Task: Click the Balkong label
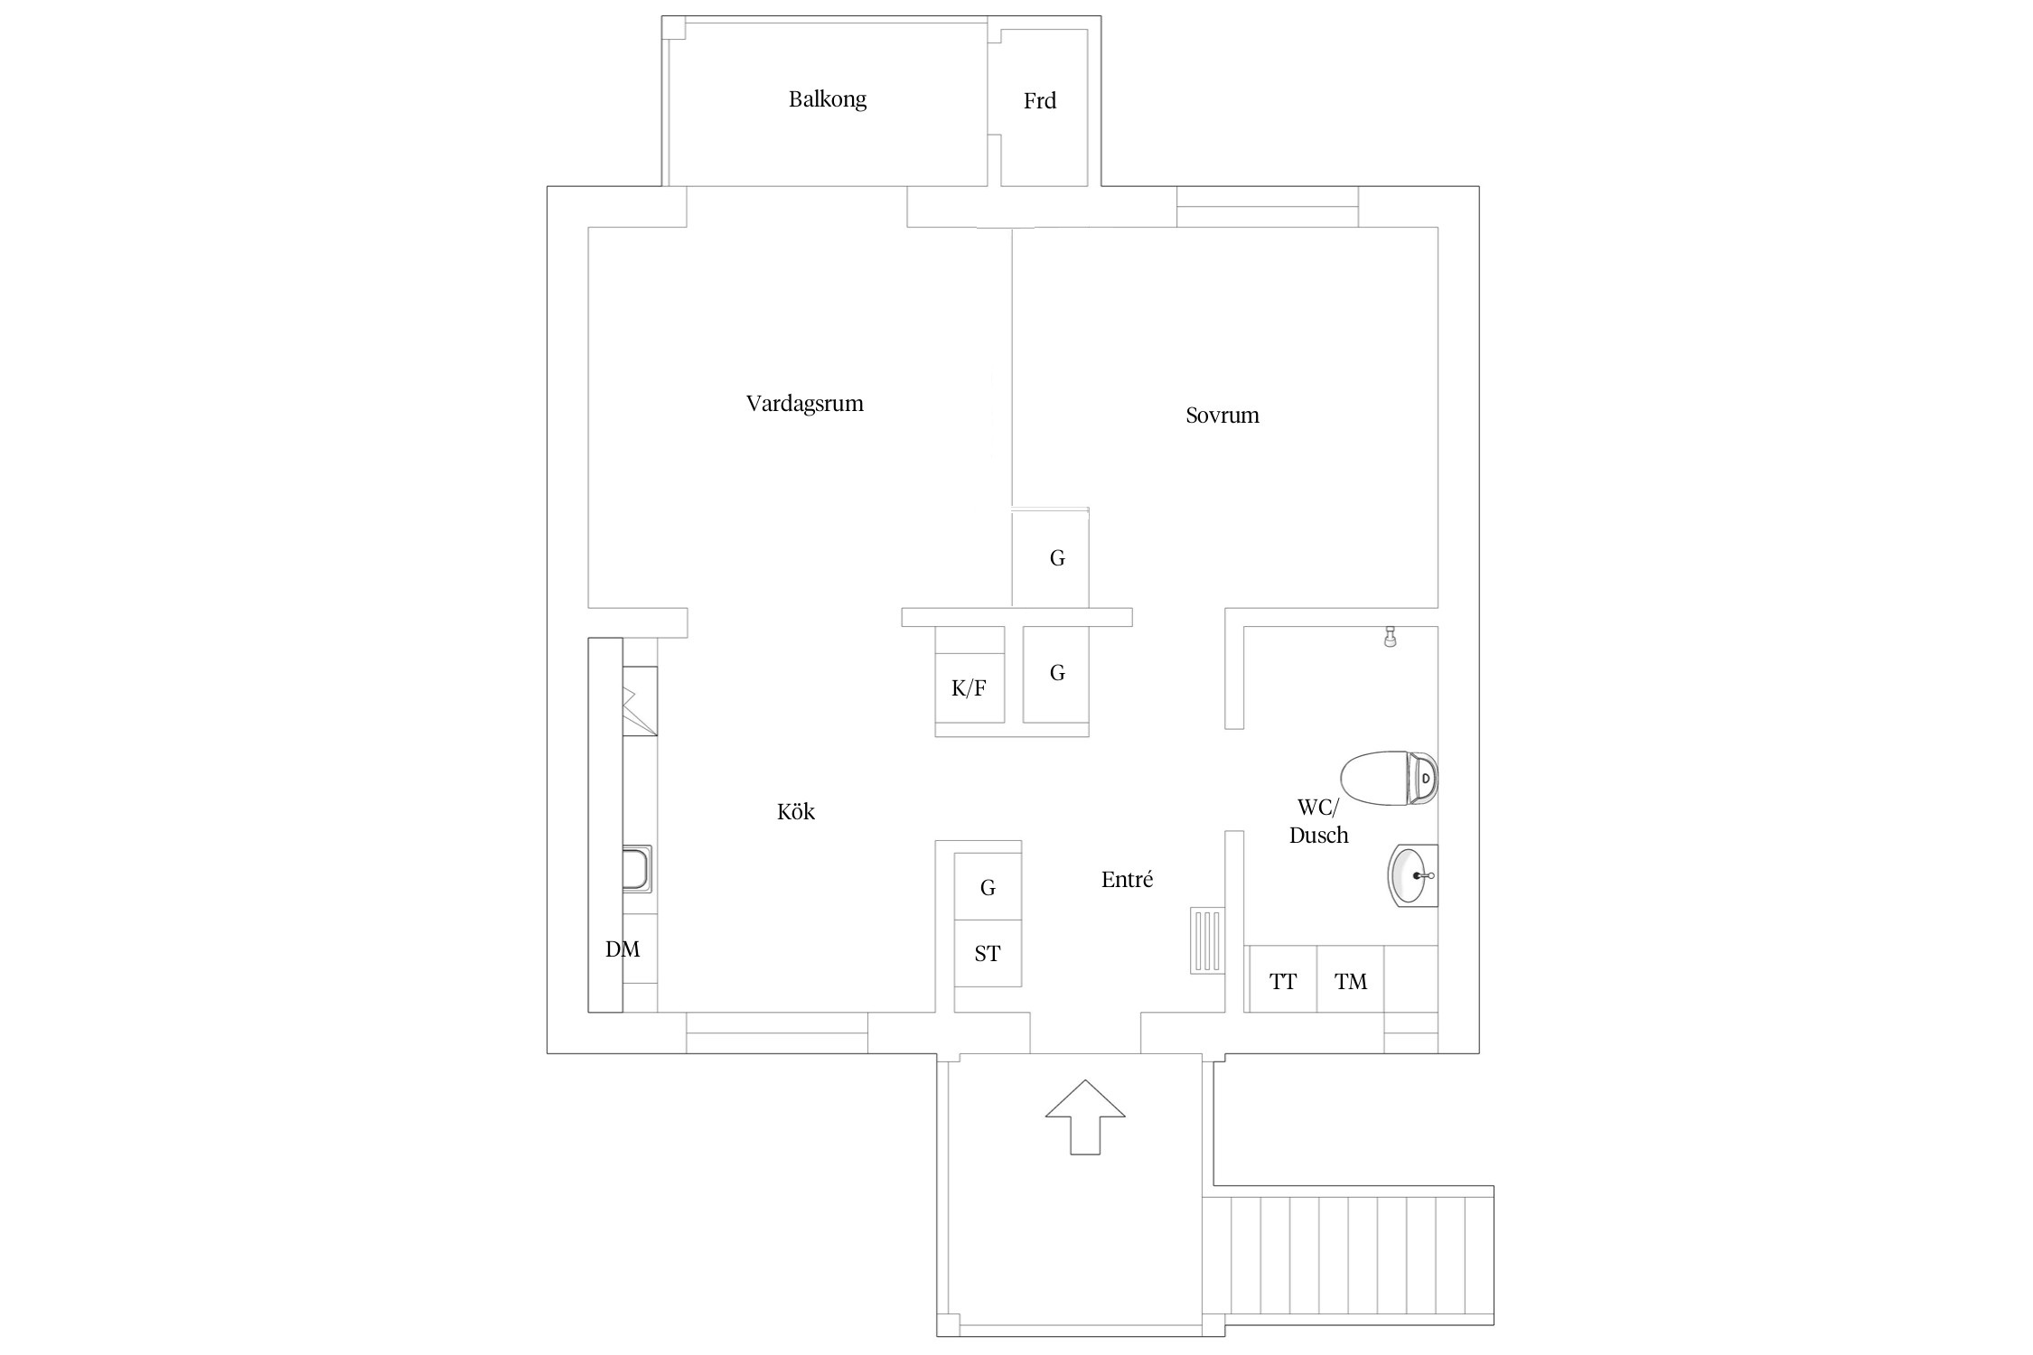(x=827, y=99)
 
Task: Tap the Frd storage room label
(x=1039, y=101)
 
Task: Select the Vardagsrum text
(x=804, y=404)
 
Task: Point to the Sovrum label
(x=1222, y=416)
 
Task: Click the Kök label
(x=795, y=812)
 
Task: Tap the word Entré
(x=1127, y=879)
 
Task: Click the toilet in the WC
(x=1389, y=778)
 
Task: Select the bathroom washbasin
(x=1412, y=875)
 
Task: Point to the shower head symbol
(x=1391, y=637)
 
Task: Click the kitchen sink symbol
(x=637, y=869)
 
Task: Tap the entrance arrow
(x=1085, y=1117)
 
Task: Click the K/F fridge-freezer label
(x=969, y=689)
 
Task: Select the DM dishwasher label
(x=623, y=949)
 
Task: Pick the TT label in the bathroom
(x=1283, y=982)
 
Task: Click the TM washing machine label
(x=1351, y=982)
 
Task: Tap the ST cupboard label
(x=988, y=954)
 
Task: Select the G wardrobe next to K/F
(x=1057, y=673)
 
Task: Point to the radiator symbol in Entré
(x=1207, y=940)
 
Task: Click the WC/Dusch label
(x=1318, y=821)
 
